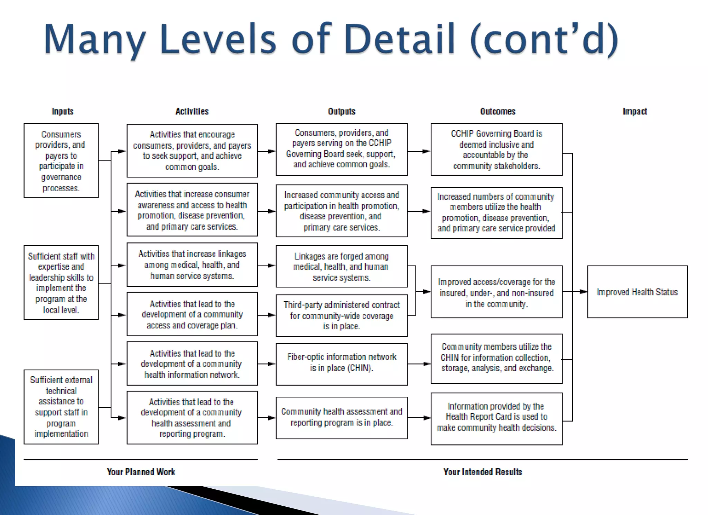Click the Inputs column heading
click(63, 111)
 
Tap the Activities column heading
click(192, 111)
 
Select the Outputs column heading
click(342, 111)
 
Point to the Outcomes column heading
click(497, 111)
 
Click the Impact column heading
click(635, 111)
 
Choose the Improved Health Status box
click(637, 292)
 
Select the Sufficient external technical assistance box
click(61, 407)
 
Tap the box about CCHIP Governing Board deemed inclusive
click(496, 149)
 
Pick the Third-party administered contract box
click(342, 315)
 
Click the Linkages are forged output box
click(342, 266)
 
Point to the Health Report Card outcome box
click(496, 419)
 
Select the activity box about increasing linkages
click(192, 265)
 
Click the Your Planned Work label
click(141, 472)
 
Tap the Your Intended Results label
click(483, 472)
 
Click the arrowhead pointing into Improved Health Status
click(583, 292)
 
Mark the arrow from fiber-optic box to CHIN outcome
click(419, 364)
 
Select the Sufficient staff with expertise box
click(61, 283)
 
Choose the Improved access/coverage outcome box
click(496, 292)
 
